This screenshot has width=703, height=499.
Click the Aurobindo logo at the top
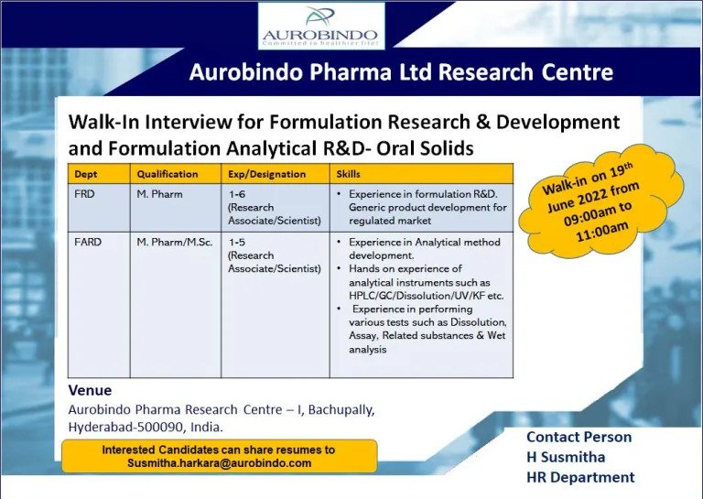(321, 26)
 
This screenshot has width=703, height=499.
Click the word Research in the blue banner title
(485, 71)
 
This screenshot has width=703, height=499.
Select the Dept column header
(86, 174)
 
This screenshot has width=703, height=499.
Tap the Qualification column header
(168, 174)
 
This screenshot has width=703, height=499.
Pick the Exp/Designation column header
(266, 174)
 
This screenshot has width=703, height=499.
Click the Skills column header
(349, 174)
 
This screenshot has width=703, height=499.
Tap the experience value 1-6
(237, 194)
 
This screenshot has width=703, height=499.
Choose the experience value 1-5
(237, 242)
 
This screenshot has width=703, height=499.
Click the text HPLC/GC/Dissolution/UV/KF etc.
(427, 296)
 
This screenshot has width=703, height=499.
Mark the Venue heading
(90, 390)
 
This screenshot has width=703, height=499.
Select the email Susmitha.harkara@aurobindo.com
(220, 463)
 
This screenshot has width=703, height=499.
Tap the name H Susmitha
(566, 457)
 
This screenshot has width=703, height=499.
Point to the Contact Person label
(579, 437)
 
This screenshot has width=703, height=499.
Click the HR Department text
(580, 477)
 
